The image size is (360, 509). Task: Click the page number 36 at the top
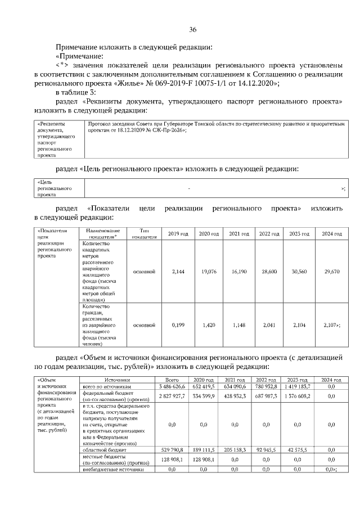coord(193,30)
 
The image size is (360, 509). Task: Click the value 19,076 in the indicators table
coord(209,271)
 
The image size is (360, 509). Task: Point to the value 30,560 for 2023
coord(297,271)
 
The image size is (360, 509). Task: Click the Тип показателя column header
coord(139,233)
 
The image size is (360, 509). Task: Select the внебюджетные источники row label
coord(109,469)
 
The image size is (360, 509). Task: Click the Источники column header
coord(116,380)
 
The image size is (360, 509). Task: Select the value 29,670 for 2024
coord(331,271)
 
